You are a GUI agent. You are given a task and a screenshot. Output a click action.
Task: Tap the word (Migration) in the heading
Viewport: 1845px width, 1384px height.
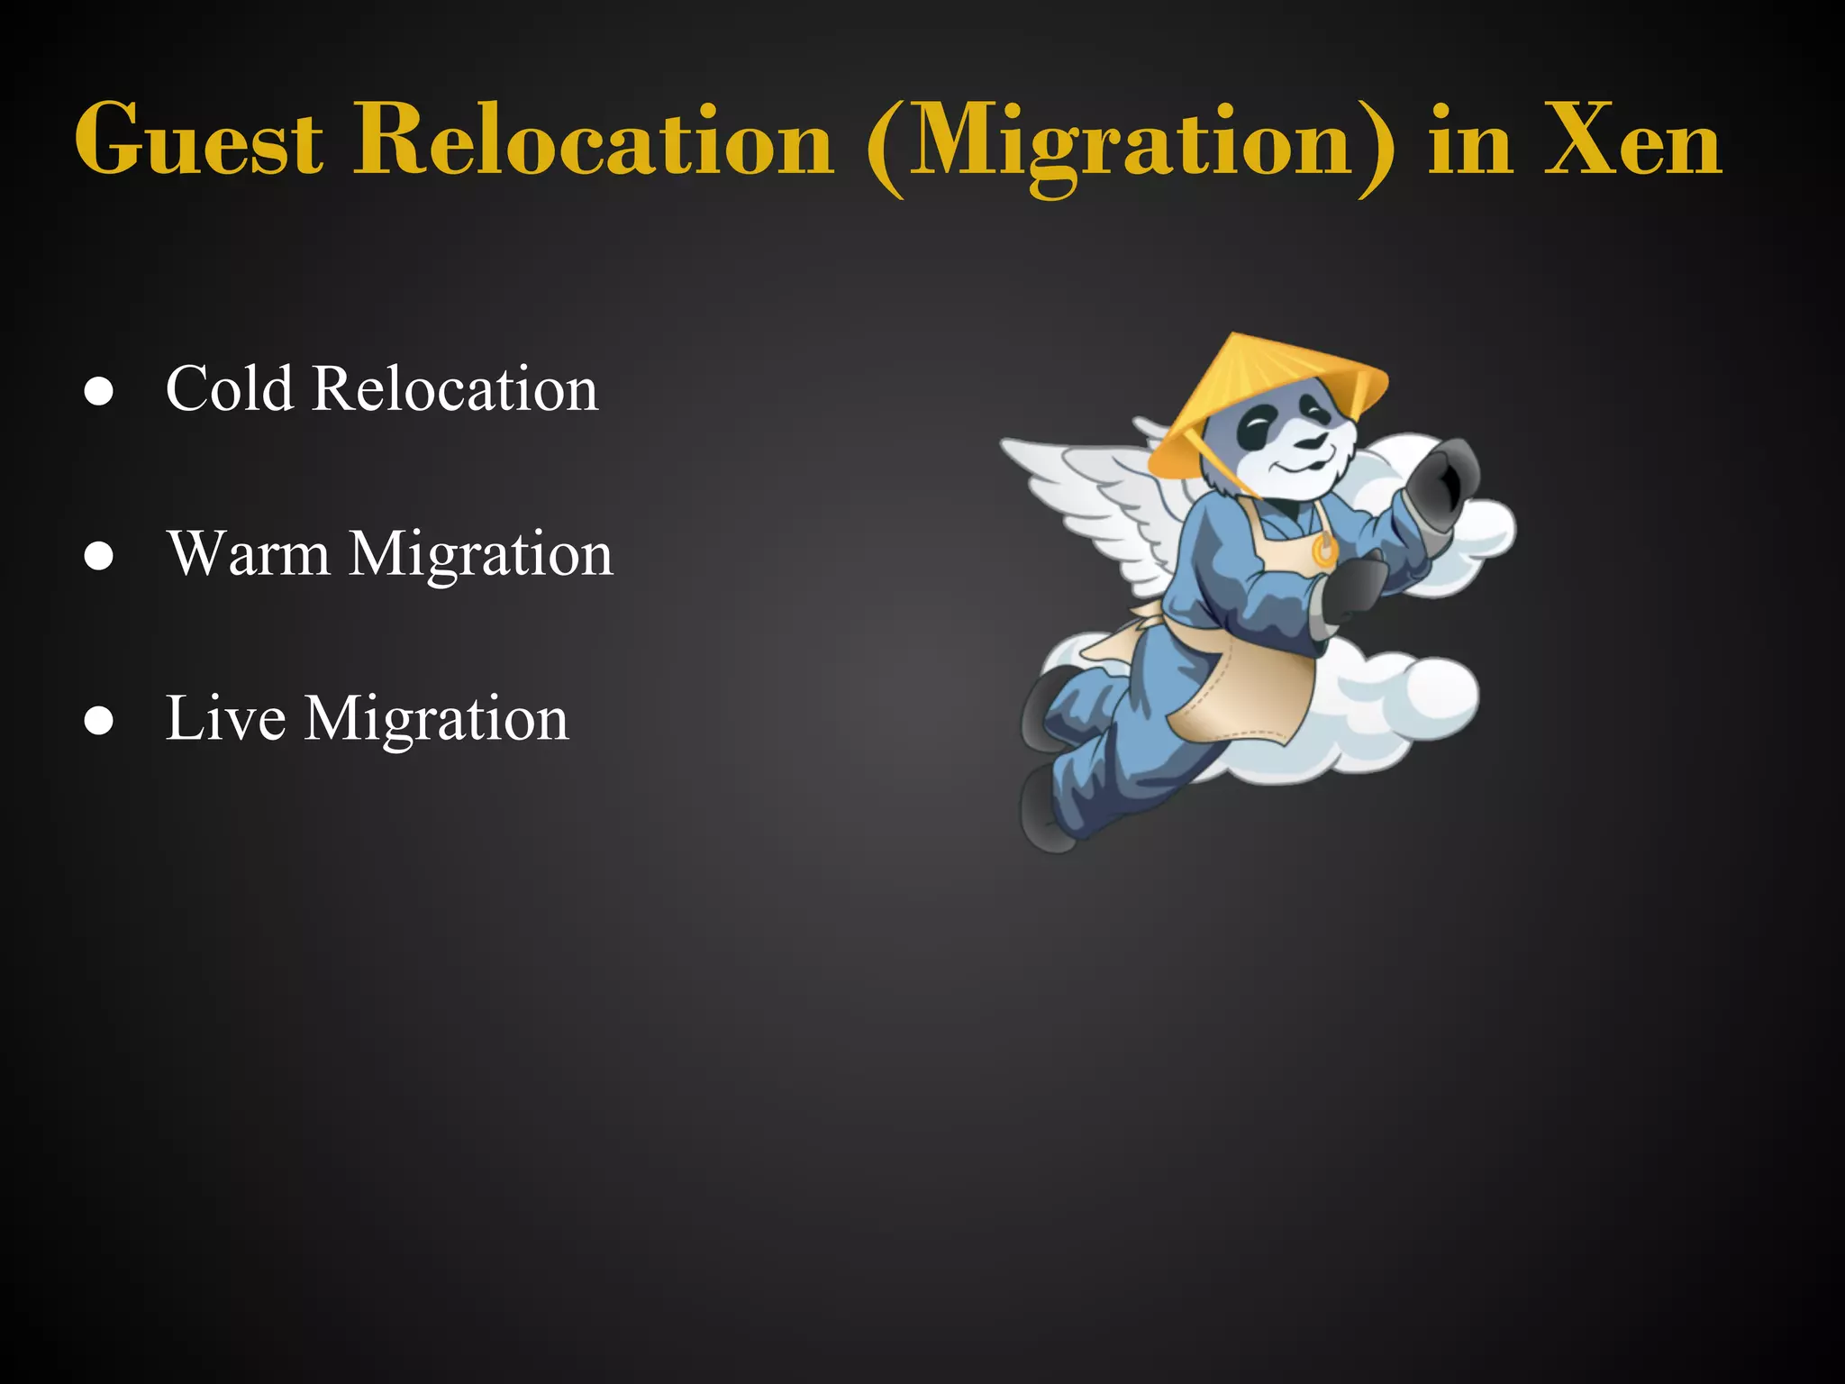click(1131, 144)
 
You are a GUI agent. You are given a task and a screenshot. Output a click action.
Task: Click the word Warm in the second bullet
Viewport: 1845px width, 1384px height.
click(249, 553)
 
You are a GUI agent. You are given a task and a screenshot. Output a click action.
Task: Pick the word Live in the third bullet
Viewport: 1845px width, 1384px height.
click(226, 718)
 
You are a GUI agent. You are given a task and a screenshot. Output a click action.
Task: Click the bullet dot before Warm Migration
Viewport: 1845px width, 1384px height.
click(98, 557)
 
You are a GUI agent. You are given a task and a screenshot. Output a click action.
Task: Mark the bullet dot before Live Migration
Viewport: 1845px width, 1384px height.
click(98, 722)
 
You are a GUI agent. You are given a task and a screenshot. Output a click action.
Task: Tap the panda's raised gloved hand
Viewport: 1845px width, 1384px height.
click(1442, 487)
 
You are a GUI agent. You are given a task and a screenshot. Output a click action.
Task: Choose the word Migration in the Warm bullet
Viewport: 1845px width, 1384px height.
click(481, 555)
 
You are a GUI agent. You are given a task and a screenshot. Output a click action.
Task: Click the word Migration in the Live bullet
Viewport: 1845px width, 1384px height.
click(437, 720)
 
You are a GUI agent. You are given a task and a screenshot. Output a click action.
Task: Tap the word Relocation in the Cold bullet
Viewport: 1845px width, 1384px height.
click(455, 389)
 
